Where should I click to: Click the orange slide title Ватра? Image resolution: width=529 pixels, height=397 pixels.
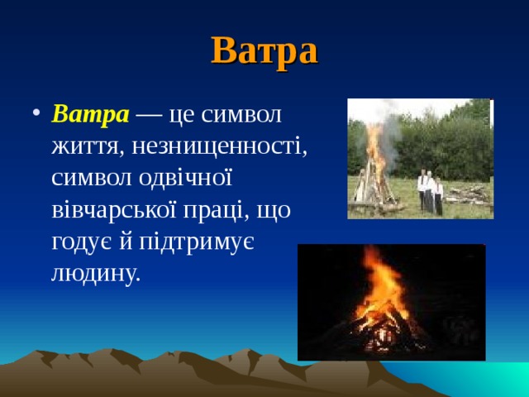pos(264,50)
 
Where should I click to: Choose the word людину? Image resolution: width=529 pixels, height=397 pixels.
pos(95,272)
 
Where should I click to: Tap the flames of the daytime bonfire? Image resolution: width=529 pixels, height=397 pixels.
pos(376,153)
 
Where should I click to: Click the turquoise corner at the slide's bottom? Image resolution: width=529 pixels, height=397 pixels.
pos(508,381)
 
